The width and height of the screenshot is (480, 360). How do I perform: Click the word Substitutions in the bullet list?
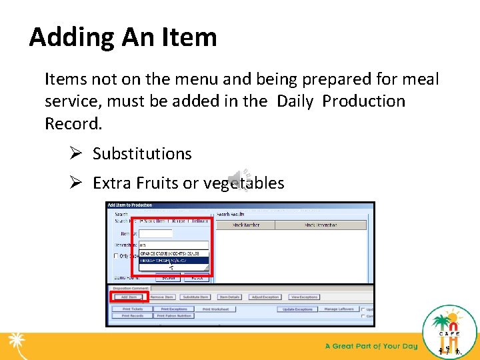pyautogui.click(x=142, y=153)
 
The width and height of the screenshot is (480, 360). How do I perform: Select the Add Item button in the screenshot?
pyautogui.click(x=129, y=297)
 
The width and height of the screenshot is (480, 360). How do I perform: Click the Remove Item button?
pyautogui.click(x=162, y=297)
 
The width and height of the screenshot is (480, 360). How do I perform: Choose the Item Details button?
pyautogui.click(x=229, y=297)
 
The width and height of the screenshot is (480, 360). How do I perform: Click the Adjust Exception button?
pyautogui.click(x=265, y=297)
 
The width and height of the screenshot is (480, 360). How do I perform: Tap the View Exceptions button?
pyautogui.click(x=304, y=297)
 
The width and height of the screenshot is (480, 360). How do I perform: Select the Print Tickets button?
pyautogui.click(x=132, y=309)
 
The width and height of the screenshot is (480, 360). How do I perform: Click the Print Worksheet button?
pyautogui.click(x=215, y=309)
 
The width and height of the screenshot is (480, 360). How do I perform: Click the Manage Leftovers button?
pyautogui.click(x=338, y=309)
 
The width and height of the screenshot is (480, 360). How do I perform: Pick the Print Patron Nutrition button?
pyautogui.click(x=174, y=316)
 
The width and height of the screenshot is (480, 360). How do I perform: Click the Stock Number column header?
pyautogui.click(x=246, y=225)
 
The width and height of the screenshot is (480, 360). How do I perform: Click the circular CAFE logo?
pyautogui.click(x=450, y=331)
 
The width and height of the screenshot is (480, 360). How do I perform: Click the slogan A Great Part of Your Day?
pyautogui.click(x=371, y=346)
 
